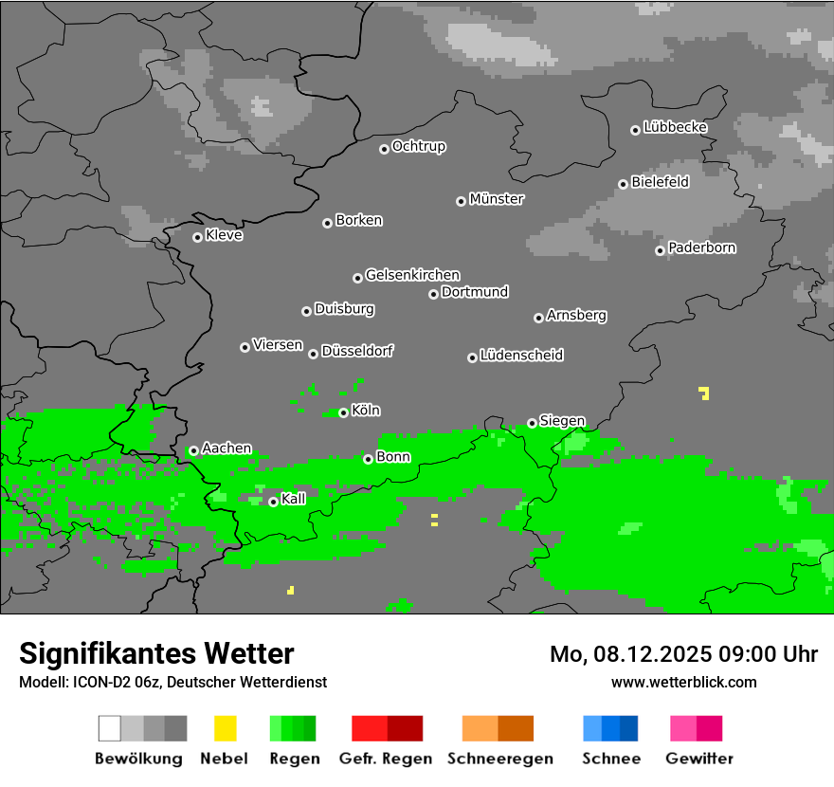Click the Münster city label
(497, 199)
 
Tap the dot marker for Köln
(343, 412)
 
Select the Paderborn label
(702, 247)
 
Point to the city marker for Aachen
(193, 451)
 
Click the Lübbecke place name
(676, 127)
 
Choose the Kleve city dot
(197, 237)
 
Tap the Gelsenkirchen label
(412, 275)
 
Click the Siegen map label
(562, 421)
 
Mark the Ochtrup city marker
(384, 148)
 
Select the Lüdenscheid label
(521, 355)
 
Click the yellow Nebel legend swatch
(225, 728)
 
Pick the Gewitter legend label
(699, 759)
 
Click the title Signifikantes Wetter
(156, 653)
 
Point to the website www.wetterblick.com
(683, 682)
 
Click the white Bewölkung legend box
(109, 728)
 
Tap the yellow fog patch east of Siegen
(704, 393)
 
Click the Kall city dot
(273, 502)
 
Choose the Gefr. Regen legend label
(386, 759)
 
